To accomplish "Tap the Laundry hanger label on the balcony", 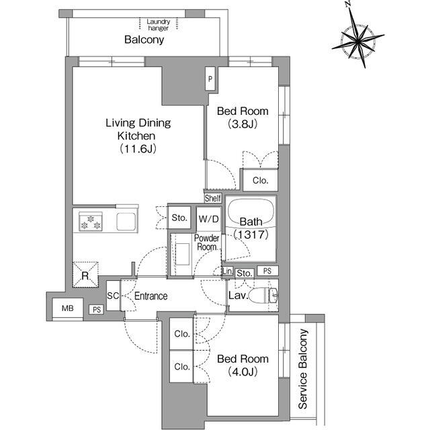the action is point(159,24).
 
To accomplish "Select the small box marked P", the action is point(210,79).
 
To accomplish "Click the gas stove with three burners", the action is point(91,222).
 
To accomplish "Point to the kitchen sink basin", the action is point(126,222).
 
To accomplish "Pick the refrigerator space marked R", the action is point(85,275).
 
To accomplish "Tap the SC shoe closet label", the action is point(113,296).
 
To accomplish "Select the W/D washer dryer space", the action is point(209,219).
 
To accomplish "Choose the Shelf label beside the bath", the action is point(213,198).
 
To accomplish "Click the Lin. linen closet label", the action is point(227,271).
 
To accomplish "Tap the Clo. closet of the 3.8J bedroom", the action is point(260,180).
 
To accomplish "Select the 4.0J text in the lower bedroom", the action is point(243,372).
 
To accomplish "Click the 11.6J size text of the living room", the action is point(138,149).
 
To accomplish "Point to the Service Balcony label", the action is point(303,369).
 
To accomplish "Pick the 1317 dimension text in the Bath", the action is point(251,234).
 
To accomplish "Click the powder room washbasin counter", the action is point(182,254).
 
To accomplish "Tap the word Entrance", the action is point(150,296).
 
